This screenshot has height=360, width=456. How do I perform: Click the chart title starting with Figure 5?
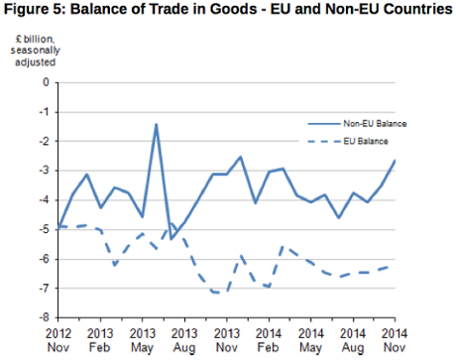click(228, 13)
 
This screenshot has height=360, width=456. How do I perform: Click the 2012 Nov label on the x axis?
click(58, 340)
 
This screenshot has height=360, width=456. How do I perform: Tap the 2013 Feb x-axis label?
click(100, 340)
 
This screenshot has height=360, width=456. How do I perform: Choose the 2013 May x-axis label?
click(143, 340)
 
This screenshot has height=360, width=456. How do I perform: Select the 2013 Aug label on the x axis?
click(184, 340)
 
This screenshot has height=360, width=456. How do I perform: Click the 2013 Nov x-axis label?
click(227, 340)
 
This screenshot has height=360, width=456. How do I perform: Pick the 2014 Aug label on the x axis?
click(354, 340)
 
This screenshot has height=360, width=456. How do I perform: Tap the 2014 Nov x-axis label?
click(396, 340)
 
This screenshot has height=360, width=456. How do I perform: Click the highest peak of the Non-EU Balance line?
click(157, 124)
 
